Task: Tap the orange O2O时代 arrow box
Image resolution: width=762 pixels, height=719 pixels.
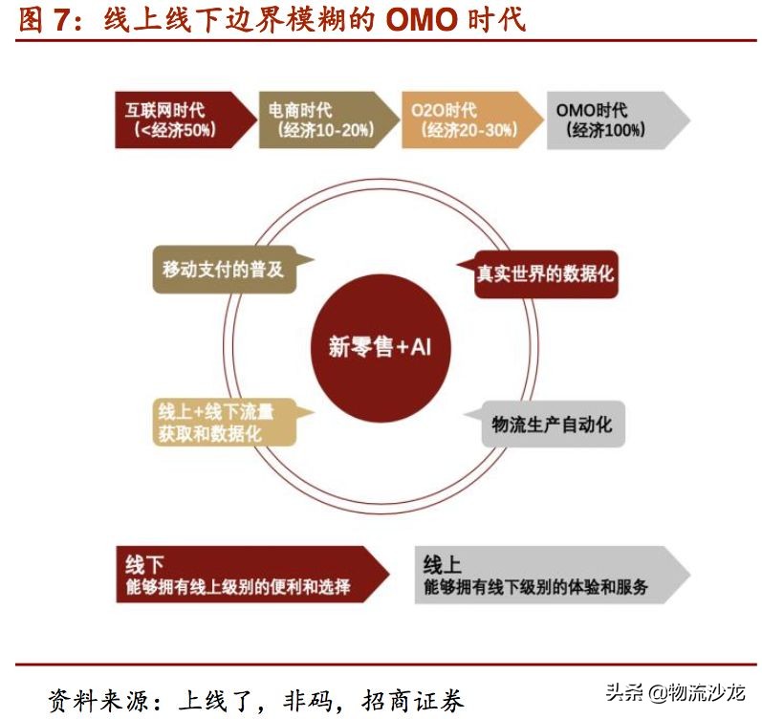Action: [467, 120]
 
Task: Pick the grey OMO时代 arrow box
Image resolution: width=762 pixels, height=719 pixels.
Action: [612, 120]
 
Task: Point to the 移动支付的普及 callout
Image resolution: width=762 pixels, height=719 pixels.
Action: [224, 270]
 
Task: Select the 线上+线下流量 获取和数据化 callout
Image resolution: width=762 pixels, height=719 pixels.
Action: [218, 422]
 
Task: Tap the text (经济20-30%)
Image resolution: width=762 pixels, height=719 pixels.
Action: [471, 131]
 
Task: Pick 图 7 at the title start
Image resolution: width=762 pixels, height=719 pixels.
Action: [44, 19]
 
